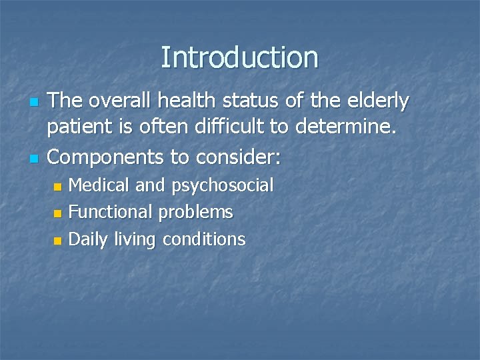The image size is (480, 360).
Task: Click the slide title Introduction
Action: (x=239, y=57)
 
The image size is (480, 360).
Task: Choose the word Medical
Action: (x=100, y=185)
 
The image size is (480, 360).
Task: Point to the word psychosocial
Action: (x=223, y=186)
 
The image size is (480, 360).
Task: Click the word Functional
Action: (x=111, y=212)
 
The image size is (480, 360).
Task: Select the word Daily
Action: (x=87, y=239)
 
